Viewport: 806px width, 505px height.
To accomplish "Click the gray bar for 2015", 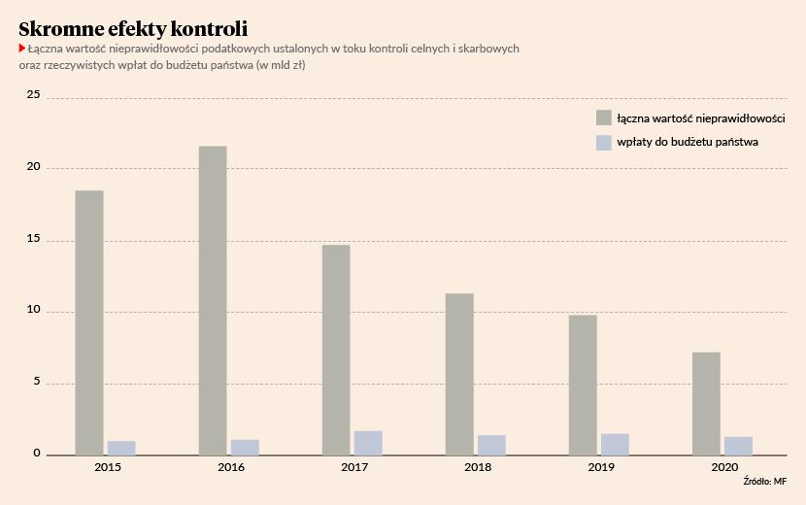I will (x=89, y=322).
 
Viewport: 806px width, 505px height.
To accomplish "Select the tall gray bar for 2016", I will (x=213, y=300).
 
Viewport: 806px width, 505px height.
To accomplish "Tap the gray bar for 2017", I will (x=336, y=350).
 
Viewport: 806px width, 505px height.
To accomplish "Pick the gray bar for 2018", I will (x=459, y=374).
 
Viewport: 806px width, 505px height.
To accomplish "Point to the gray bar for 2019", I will (x=583, y=385).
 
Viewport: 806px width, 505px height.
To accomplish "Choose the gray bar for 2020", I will (x=706, y=403).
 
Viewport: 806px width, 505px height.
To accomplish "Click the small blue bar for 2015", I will (x=121, y=448).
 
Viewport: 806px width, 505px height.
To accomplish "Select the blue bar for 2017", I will (x=368, y=443).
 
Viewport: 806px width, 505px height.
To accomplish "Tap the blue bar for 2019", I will (x=615, y=444).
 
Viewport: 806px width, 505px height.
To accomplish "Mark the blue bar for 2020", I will (x=738, y=446).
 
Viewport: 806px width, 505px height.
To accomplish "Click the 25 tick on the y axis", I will (x=34, y=95).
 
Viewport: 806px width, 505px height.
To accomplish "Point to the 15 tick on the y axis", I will (x=34, y=239).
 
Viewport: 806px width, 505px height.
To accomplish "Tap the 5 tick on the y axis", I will (x=37, y=382).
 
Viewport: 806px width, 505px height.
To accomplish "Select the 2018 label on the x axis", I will (x=478, y=468).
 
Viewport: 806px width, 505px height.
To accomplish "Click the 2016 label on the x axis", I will (x=231, y=468).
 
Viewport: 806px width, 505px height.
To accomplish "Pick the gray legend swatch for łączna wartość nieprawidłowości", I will (x=604, y=118).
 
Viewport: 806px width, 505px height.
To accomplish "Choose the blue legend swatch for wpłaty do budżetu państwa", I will (x=604, y=142).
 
